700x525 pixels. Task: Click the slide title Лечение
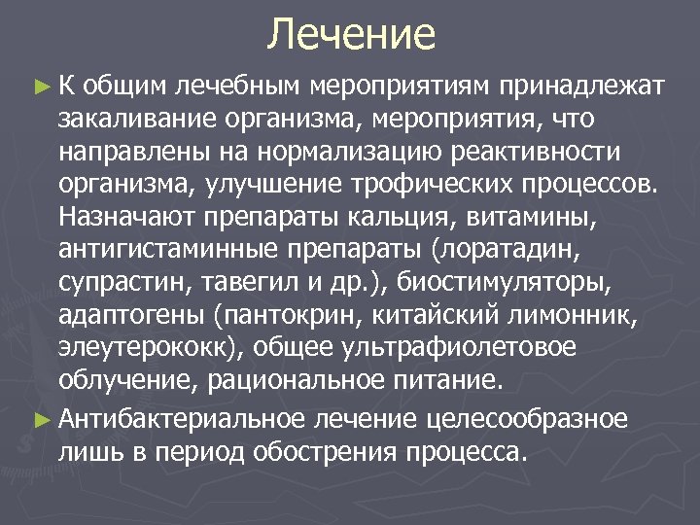pos(351,35)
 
